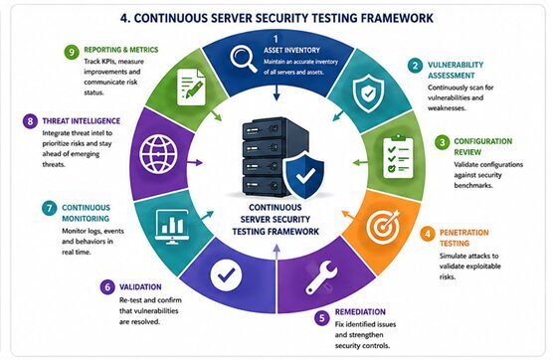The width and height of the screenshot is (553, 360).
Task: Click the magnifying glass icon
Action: pyautogui.click(x=244, y=60)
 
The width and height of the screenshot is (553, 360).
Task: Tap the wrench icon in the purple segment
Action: pyautogui.click(x=321, y=277)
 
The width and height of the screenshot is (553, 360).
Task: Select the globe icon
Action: pyautogui.click(x=158, y=154)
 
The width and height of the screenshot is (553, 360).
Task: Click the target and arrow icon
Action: pyautogui.click(x=383, y=224)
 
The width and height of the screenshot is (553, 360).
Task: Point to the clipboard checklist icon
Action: pyautogui.click(x=398, y=156)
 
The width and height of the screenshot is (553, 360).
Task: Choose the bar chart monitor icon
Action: pyautogui.click(x=172, y=227)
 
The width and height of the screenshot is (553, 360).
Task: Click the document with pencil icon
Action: pyautogui.click(x=191, y=87)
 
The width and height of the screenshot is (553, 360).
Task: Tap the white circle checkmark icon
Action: pyautogui.click(x=226, y=274)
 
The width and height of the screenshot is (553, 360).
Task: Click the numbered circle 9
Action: pyautogui.click(x=72, y=52)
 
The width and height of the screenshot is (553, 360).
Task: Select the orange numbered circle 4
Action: pyautogui.click(x=428, y=234)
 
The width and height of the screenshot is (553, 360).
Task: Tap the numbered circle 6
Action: pyautogui.click(x=107, y=287)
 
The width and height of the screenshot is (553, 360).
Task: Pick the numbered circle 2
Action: pyautogui.click(x=415, y=66)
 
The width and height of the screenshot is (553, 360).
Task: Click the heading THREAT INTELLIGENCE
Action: pyautogui.click(x=82, y=121)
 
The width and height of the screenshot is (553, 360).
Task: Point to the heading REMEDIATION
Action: pyautogui.click(x=360, y=312)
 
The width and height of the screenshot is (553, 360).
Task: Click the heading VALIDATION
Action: pyautogui.click(x=140, y=287)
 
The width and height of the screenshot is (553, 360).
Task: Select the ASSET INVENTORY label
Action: pyautogui.click(x=291, y=51)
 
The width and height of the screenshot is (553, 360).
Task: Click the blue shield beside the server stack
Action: pyautogui.click(x=303, y=174)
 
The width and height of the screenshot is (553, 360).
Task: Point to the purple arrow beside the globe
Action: pyautogui.click(x=195, y=162)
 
